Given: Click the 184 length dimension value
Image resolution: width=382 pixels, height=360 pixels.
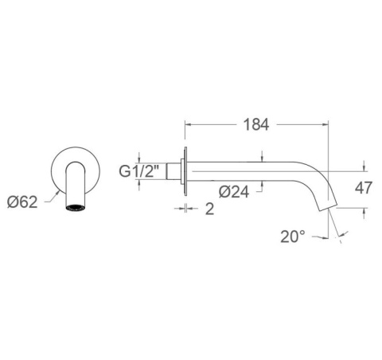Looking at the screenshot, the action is pos(256,124).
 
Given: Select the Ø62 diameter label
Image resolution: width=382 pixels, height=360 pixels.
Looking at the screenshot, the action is pos(22,202).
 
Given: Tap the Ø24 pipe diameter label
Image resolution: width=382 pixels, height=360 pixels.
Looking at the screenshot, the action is pos(234,192).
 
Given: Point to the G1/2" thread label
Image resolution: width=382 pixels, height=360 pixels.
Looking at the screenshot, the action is pos(138,171).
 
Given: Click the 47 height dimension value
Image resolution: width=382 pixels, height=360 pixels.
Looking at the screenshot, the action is pos(364,188).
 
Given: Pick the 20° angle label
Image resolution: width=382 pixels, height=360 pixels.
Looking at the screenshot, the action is pos(293,237).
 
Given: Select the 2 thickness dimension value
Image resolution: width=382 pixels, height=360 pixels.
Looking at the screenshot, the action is pos(209,209).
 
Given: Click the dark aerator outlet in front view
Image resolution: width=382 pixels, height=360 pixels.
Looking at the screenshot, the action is pos(76,208).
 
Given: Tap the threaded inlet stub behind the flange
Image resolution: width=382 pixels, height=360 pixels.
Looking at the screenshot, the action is pos(173,171).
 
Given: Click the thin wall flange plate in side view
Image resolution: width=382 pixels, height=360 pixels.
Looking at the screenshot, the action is pos(185,171).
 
